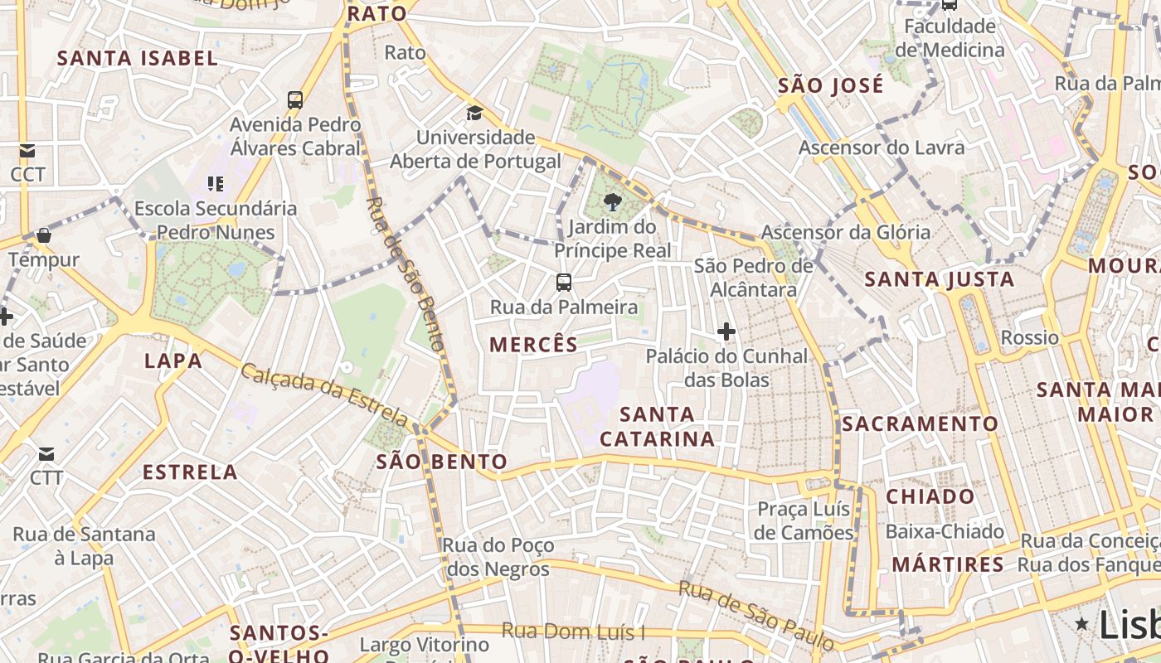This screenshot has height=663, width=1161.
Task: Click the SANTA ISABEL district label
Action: point(138,58)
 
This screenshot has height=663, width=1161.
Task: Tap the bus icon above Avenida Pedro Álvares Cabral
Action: point(295,100)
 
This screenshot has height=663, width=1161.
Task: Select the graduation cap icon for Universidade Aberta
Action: point(474,113)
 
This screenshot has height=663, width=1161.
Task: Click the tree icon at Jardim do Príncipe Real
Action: point(612,201)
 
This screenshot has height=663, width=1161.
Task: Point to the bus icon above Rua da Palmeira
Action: point(564,283)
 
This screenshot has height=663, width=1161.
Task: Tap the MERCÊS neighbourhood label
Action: point(533,345)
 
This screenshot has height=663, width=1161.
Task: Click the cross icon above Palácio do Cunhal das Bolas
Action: point(726,332)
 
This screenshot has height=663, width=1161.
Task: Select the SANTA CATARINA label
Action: point(657,426)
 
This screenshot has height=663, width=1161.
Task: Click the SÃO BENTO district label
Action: point(441,462)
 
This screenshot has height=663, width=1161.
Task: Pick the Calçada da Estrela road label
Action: point(325,394)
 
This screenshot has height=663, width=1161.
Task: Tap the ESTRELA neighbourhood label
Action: point(190,472)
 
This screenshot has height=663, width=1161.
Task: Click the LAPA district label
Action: point(173,361)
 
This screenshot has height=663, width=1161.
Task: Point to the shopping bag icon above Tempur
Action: point(44,236)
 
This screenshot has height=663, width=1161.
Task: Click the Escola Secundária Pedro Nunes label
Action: point(216,220)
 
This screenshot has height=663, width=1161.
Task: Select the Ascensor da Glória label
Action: point(846,232)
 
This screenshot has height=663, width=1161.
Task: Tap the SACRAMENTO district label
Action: point(921,423)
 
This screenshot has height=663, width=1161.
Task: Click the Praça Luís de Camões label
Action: point(804,520)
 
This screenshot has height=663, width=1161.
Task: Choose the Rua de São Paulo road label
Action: point(755,614)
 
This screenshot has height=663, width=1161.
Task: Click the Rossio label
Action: point(1030,337)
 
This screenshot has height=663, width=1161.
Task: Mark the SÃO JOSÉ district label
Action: point(831,85)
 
